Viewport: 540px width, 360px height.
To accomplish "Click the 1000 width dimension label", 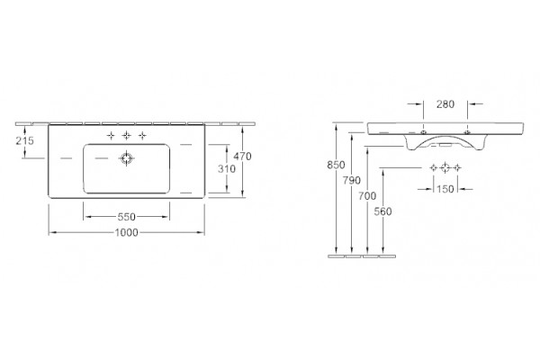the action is click(x=126, y=233).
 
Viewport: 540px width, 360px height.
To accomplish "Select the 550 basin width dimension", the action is click(x=126, y=217).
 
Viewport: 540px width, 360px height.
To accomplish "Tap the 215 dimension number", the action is click(x=25, y=140).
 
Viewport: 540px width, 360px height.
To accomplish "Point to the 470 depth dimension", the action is click(x=242, y=157).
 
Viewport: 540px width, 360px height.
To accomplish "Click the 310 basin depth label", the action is click(x=227, y=169).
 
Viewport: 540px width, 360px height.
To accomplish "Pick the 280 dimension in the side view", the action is click(x=445, y=104).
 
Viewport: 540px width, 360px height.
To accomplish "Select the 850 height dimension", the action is click(x=336, y=166).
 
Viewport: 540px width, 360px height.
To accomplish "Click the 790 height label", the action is click(x=352, y=180).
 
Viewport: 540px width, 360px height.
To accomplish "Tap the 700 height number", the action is click(x=367, y=196).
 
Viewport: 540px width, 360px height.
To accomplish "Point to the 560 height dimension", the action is click(x=382, y=211).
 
